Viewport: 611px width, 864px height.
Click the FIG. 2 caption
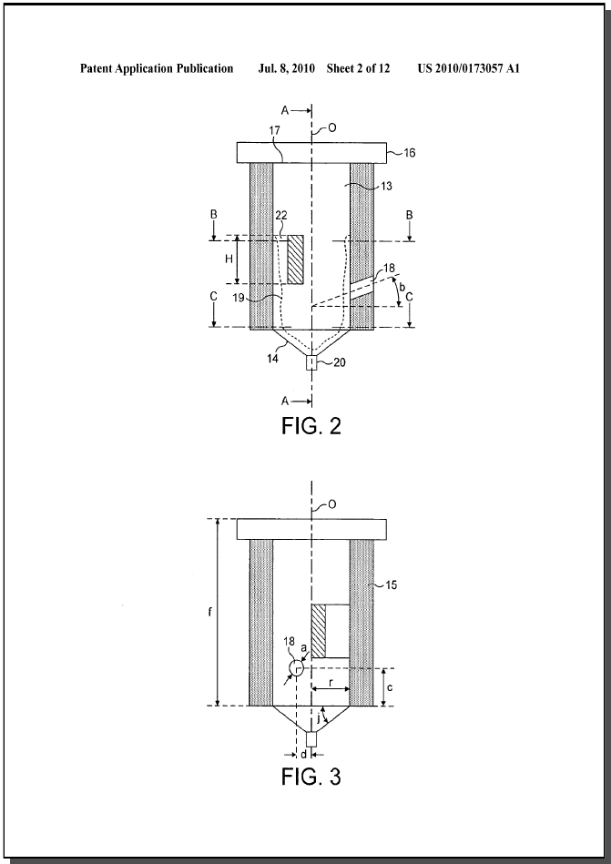click(311, 425)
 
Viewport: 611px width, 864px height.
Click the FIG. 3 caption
click(311, 776)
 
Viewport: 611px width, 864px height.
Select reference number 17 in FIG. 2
click(275, 130)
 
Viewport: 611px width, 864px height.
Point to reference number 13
click(386, 187)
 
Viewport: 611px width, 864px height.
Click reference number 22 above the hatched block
click(281, 216)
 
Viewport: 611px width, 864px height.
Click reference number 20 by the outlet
click(340, 362)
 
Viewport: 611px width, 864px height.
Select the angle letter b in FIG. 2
click(402, 287)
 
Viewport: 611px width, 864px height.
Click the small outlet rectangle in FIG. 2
click(311, 362)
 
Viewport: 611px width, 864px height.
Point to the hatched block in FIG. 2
click(295, 259)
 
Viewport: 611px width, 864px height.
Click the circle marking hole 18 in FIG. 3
click(297, 668)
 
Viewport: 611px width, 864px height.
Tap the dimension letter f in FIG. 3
click(210, 612)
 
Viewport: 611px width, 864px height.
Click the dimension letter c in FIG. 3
click(390, 687)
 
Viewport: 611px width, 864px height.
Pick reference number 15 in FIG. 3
click(391, 584)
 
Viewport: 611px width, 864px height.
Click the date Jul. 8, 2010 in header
click(287, 68)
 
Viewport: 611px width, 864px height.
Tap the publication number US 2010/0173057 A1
click(469, 68)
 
